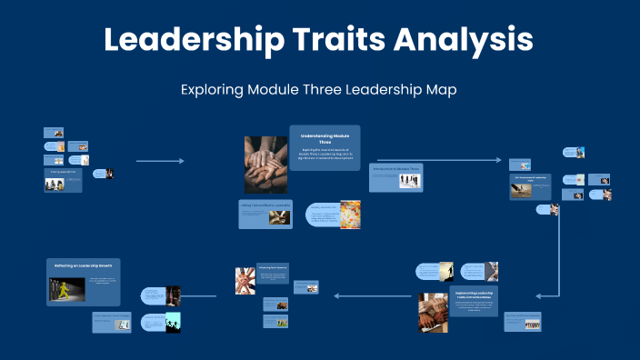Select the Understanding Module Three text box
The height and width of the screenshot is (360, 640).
325,147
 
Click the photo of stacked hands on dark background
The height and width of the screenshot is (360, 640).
265,165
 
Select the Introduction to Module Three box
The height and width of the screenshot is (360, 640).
396,176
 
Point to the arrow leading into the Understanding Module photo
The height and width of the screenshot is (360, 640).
160,161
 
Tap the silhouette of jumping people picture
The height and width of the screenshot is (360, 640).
173,322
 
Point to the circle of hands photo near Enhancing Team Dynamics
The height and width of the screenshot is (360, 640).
245,280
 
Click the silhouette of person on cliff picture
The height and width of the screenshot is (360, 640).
446,270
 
